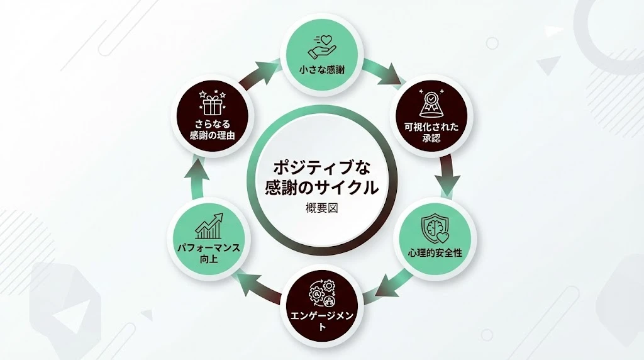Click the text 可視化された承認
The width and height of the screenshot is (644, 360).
pyautogui.click(x=432, y=132)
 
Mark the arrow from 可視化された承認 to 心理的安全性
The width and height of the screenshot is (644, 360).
pyautogui.click(x=448, y=172)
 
